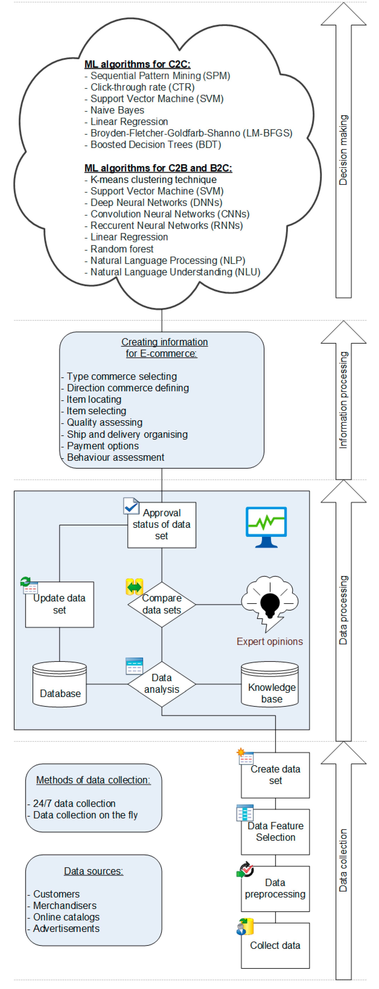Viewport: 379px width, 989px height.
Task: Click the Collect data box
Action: point(275,945)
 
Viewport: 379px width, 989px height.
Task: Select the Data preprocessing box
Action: point(275,888)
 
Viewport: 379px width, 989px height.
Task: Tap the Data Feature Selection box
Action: point(275,832)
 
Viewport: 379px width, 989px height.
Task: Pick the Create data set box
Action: point(275,775)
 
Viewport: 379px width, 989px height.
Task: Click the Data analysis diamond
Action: point(161,684)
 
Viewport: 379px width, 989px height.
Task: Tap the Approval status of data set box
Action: point(161,524)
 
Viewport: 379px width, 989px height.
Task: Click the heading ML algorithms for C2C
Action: point(137,64)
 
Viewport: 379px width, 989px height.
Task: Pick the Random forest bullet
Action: point(122,249)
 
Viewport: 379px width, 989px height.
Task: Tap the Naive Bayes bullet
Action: point(117,110)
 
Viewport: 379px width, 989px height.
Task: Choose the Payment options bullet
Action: point(102,446)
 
